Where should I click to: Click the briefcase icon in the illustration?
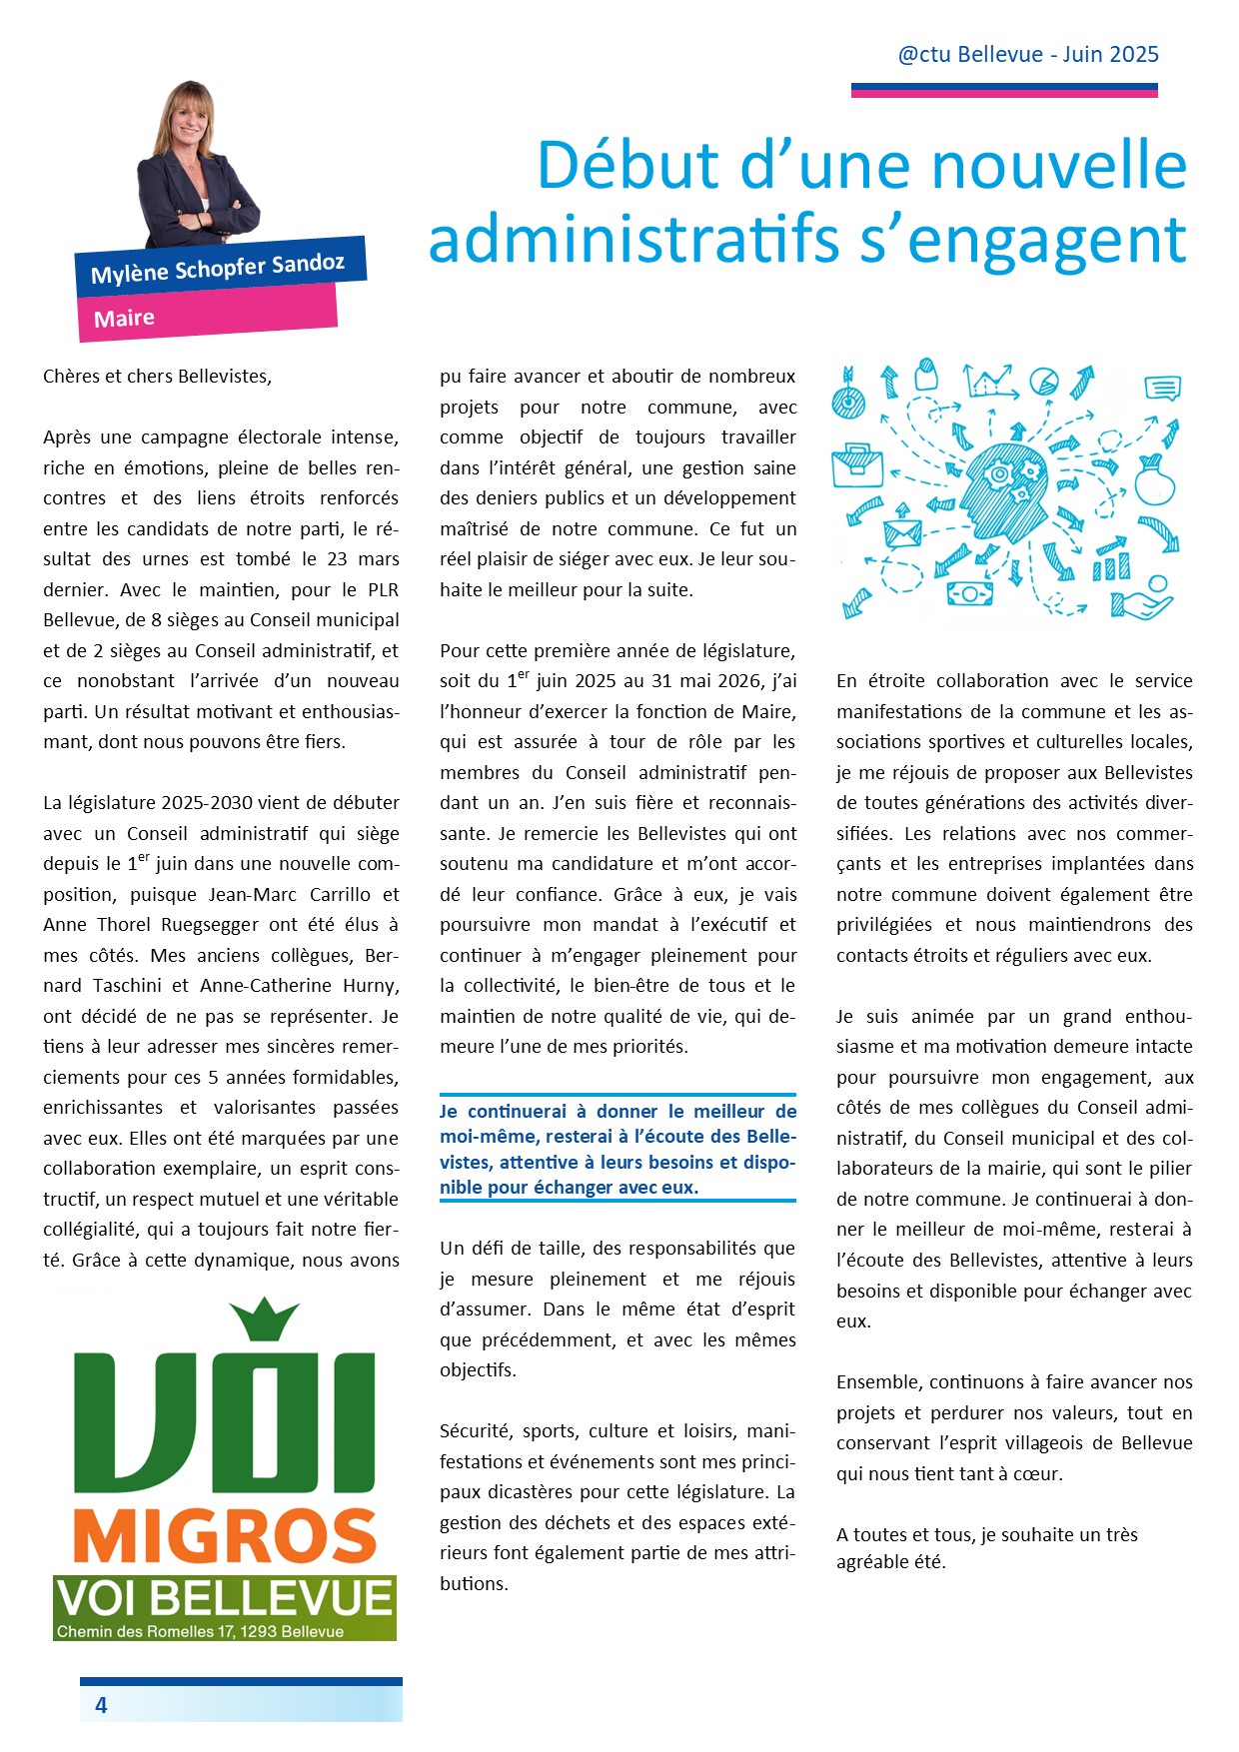pos(857,464)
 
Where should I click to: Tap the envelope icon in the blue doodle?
pos(902,532)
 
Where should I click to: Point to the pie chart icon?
pos(1044,381)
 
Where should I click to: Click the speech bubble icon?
pos(1162,388)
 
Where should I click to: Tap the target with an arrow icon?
pos(849,397)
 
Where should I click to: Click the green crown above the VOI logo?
pos(265,1318)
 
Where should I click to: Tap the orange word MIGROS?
pos(225,1537)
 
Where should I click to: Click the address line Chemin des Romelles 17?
pos(200,1631)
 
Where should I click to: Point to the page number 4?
pos(101,1704)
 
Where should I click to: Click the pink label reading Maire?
pos(125,319)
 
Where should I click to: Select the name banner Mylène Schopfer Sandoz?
pos(218,268)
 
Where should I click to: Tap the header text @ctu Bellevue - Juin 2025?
pos(1028,54)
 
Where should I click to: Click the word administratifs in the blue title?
pos(633,240)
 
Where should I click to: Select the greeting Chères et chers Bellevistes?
pos(157,377)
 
